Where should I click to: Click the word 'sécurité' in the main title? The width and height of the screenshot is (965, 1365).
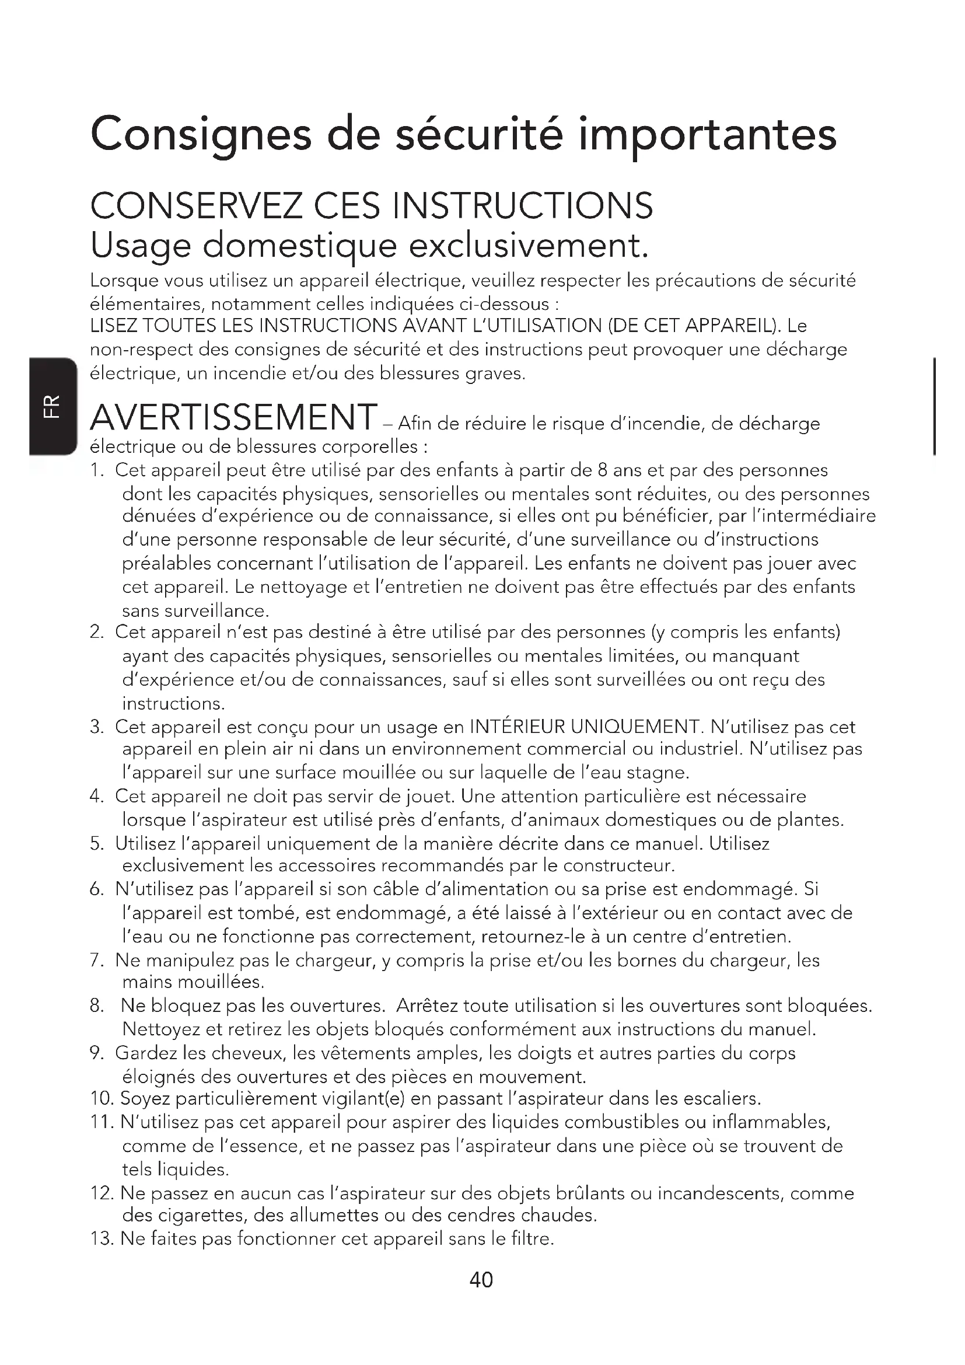(x=479, y=134)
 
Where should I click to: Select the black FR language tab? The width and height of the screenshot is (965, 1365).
(x=53, y=406)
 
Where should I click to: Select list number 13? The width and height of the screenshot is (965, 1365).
(x=102, y=1239)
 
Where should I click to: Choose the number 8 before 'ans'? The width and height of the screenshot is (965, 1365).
(x=602, y=470)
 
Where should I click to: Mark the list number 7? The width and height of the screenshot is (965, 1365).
(x=97, y=960)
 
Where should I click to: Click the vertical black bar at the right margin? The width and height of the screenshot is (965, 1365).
(x=936, y=406)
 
